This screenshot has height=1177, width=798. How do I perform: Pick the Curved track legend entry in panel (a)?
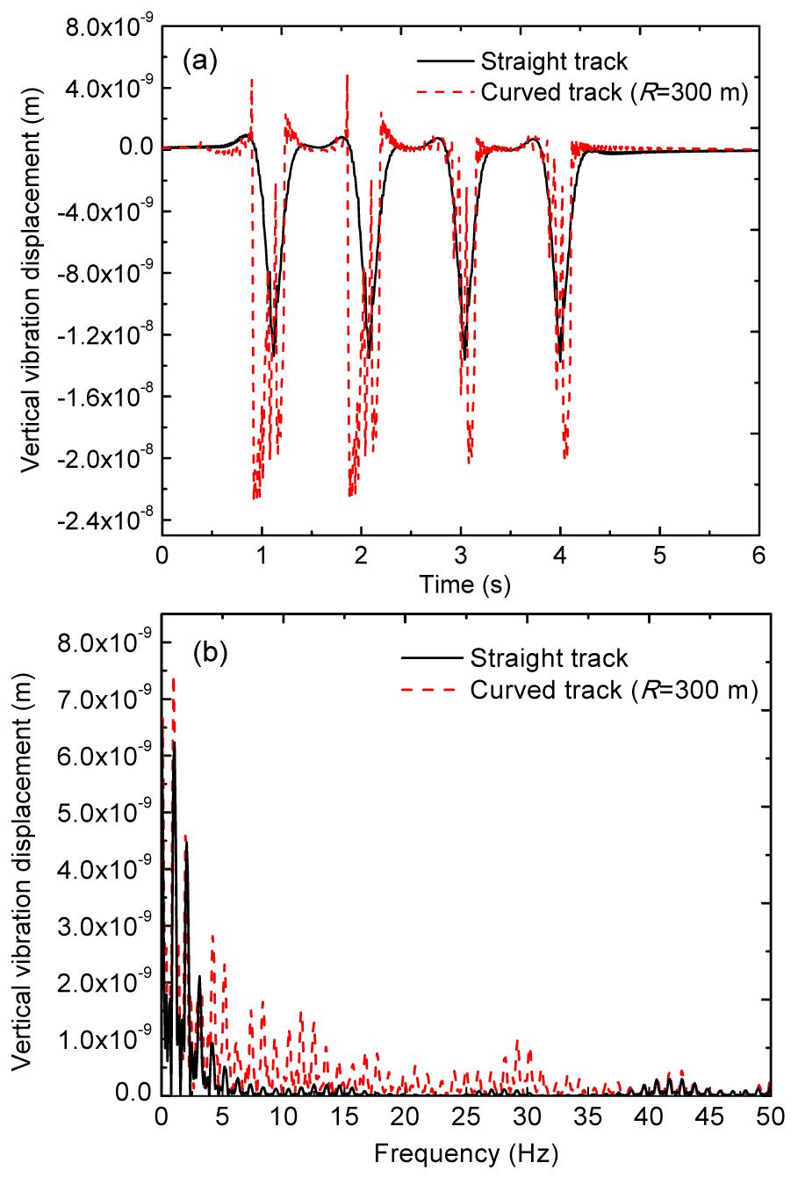(x=614, y=91)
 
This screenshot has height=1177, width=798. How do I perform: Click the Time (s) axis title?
(x=458, y=583)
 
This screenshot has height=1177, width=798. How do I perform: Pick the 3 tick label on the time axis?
(x=460, y=556)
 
